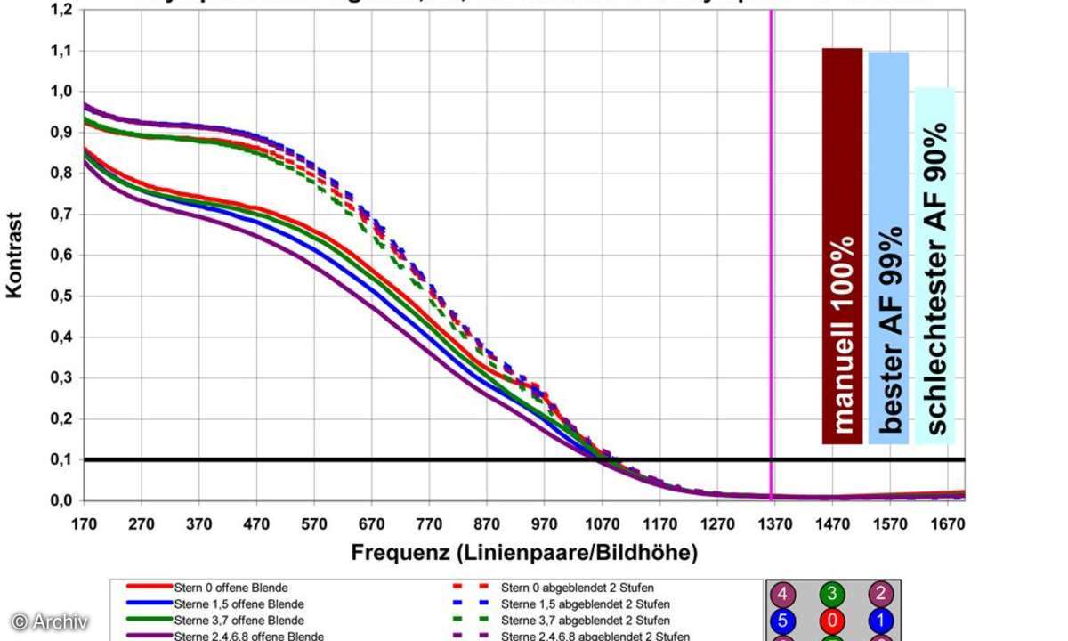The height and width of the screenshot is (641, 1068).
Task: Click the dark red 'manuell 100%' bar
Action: (x=842, y=245)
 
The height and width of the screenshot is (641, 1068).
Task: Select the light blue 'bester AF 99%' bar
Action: (x=888, y=247)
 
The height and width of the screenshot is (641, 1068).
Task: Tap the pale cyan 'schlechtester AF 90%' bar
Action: (x=934, y=265)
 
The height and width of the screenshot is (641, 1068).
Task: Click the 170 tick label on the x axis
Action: (x=84, y=524)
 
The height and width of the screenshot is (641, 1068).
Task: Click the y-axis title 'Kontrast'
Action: (x=16, y=255)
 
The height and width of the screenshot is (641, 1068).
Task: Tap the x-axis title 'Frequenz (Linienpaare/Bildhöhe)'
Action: (x=524, y=553)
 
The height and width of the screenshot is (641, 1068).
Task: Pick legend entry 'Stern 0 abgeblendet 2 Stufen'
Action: (x=577, y=588)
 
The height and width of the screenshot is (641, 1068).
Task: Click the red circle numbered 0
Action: (x=833, y=620)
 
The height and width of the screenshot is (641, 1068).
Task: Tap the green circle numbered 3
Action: (x=833, y=594)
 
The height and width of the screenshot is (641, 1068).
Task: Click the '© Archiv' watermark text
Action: (x=49, y=621)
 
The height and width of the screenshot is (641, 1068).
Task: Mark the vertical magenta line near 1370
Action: (x=771, y=267)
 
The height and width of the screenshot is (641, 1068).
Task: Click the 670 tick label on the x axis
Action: (x=372, y=524)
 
